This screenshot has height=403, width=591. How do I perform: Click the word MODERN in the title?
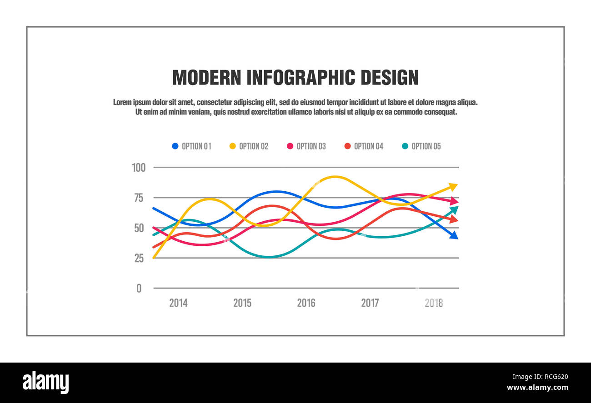pos(206,78)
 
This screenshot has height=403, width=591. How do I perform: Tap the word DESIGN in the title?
pos(389,78)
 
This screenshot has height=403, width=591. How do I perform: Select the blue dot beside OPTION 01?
pos(175,146)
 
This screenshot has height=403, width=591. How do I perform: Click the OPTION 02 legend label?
pos(254,146)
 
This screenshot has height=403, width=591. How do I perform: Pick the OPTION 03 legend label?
pos(311,146)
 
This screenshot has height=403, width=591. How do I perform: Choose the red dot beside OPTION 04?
pos(347,146)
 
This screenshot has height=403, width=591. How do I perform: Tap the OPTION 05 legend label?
pos(426,146)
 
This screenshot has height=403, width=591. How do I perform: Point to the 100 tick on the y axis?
pos(139,168)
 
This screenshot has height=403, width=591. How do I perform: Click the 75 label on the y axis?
pos(138,198)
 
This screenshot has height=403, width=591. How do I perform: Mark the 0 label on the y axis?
pos(139,289)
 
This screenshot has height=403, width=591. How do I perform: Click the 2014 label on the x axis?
pos(178,303)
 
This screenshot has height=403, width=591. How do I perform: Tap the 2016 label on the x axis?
pos(306,303)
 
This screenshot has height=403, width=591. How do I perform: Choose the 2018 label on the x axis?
pos(434,303)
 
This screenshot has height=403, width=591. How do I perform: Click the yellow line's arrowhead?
pos(453,186)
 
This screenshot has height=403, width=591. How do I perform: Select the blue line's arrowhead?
pos(453,235)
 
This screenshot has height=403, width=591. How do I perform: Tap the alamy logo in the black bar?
pos(45,382)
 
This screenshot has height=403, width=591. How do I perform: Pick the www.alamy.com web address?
pos(537,388)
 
